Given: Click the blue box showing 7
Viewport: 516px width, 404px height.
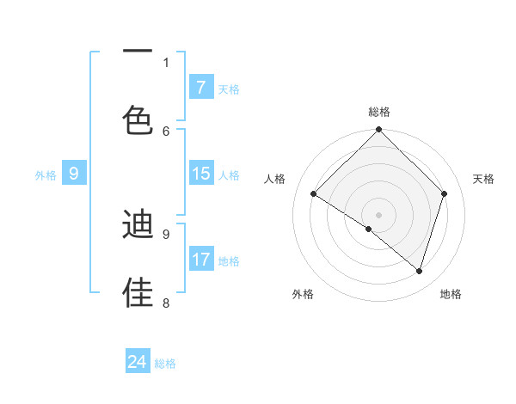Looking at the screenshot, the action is [x=200, y=88].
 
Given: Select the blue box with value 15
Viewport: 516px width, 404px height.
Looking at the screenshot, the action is [x=200, y=174].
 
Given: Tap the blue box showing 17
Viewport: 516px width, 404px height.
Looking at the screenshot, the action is [x=200, y=260].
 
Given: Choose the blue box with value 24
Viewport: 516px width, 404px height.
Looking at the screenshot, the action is [x=138, y=362].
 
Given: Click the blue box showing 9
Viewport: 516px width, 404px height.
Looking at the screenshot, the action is [x=74, y=174].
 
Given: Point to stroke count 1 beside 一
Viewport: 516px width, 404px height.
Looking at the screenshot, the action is [x=166, y=62].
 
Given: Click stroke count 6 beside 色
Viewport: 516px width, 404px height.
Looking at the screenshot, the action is [x=166, y=131].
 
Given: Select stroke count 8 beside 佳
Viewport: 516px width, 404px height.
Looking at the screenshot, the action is [x=166, y=302].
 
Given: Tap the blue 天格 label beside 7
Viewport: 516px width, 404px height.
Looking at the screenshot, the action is [x=229, y=89].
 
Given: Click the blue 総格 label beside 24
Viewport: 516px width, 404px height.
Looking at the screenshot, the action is [x=166, y=364].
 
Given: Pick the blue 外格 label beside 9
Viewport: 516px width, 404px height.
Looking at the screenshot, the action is [x=46, y=174].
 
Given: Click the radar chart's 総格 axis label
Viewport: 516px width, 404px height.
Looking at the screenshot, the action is [x=379, y=112].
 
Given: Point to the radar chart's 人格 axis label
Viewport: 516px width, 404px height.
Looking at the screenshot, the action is [x=275, y=179].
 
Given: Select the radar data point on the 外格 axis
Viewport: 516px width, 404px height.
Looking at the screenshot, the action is [x=369, y=229].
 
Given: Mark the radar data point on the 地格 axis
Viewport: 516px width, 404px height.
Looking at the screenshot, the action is [x=419, y=271].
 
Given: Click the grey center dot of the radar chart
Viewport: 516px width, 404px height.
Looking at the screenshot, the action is [x=379, y=214].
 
